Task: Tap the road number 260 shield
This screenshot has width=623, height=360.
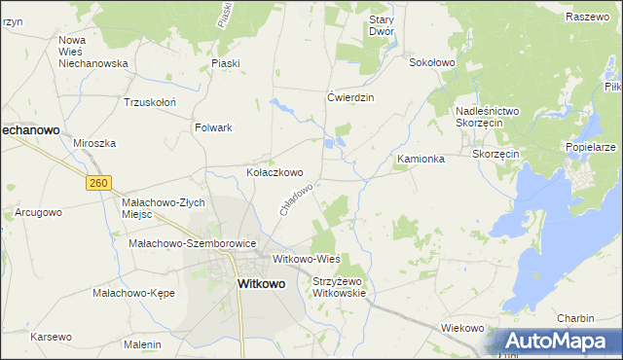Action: click(97, 182)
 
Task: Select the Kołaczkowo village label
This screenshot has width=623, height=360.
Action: click(280, 172)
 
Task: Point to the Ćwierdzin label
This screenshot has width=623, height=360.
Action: click(350, 97)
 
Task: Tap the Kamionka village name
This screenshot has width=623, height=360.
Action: click(421, 159)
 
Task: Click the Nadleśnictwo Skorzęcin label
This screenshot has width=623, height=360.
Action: click(488, 118)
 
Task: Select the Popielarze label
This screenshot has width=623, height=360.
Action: click(590, 147)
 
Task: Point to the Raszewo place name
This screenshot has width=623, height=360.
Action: click(586, 17)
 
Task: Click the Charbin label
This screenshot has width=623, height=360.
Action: click(575, 318)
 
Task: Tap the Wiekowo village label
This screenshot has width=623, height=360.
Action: click(462, 328)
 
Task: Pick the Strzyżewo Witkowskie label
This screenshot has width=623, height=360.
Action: click(339, 287)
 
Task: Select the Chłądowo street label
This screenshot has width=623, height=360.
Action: click(296, 199)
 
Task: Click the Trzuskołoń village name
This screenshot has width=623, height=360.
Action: click(149, 102)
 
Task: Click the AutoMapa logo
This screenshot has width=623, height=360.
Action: click(556, 341)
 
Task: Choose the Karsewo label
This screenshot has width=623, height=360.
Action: click(51, 337)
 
